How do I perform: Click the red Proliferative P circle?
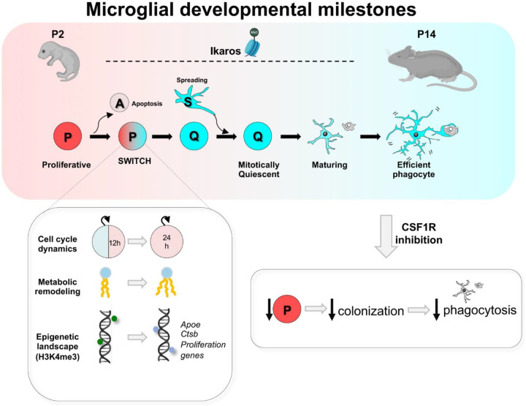tap(67, 136)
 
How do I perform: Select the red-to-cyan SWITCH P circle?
tap(132, 136)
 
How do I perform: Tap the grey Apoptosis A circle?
tap(119, 102)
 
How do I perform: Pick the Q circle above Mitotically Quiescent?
tap(258, 136)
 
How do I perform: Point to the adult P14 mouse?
tap(432, 65)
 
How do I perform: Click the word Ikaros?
tap(226, 51)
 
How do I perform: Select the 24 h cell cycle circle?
tap(167, 241)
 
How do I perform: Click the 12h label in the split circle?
tap(115, 243)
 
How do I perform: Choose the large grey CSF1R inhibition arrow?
tap(386, 236)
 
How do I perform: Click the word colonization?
tap(370, 311)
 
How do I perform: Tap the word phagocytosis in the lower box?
tap(480, 310)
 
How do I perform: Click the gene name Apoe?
tap(191, 325)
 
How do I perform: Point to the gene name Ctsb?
tap(189, 334)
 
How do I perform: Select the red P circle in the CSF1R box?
tap(287, 309)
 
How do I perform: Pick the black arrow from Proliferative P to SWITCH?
tap(99, 137)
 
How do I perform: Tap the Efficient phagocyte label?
tap(413, 170)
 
